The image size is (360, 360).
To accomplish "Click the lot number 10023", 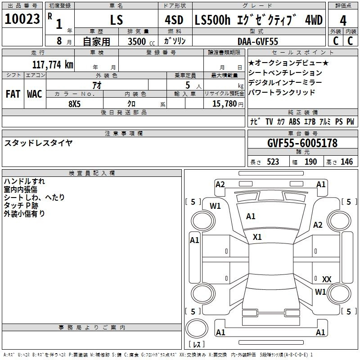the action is click(22, 19).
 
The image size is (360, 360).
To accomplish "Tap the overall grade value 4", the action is click(343, 21).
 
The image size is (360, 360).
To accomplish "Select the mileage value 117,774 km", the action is click(53, 65).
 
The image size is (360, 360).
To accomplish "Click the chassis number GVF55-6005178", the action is click(302, 143).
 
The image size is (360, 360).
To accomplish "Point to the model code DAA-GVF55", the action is click(257, 41).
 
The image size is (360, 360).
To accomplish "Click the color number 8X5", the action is click(75, 104).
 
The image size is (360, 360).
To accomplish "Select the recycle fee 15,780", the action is click(225, 104).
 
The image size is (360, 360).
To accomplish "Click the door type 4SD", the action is click(174, 20).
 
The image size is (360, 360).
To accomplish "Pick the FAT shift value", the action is click(13, 94).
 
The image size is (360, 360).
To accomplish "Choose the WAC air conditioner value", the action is click(35, 94).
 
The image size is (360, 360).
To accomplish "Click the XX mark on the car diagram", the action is click(327, 279).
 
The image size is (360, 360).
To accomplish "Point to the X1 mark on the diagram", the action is click(257, 237).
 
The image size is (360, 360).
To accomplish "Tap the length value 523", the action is click(273, 162).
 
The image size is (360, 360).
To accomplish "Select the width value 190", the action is click(310, 162).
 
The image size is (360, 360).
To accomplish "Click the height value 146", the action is click(346, 162).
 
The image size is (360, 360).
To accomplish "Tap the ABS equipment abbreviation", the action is click(294, 121).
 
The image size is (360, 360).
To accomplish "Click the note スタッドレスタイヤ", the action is click(38, 143).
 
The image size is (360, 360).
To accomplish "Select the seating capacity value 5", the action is click(188, 85).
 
